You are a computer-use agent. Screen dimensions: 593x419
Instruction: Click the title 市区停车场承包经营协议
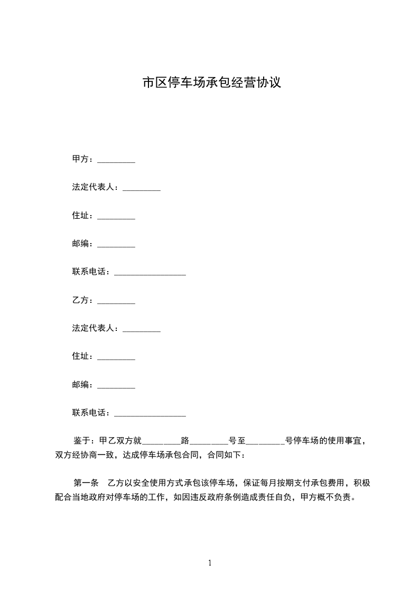(x=211, y=83)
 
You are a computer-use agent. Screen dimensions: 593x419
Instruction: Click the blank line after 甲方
(x=116, y=161)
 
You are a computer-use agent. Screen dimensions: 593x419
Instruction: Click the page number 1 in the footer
(x=210, y=563)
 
